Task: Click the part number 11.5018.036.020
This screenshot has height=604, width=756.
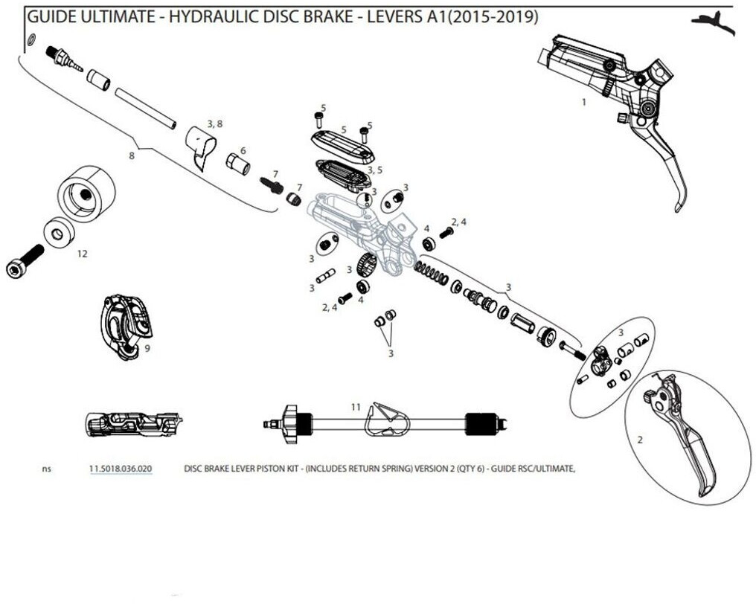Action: point(121,469)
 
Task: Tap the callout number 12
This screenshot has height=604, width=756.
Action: point(82,254)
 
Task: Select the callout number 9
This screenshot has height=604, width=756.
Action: point(148,347)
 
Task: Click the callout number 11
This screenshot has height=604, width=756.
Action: point(356,407)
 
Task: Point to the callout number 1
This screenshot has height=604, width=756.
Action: point(584,102)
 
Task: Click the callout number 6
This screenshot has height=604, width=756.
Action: point(243,150)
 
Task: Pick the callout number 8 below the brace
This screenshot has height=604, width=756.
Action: point(132,157)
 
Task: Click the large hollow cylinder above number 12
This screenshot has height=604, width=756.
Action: point(86,193)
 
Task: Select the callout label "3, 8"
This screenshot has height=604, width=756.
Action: point(214,123)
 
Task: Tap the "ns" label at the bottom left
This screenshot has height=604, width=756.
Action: point(47,469)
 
